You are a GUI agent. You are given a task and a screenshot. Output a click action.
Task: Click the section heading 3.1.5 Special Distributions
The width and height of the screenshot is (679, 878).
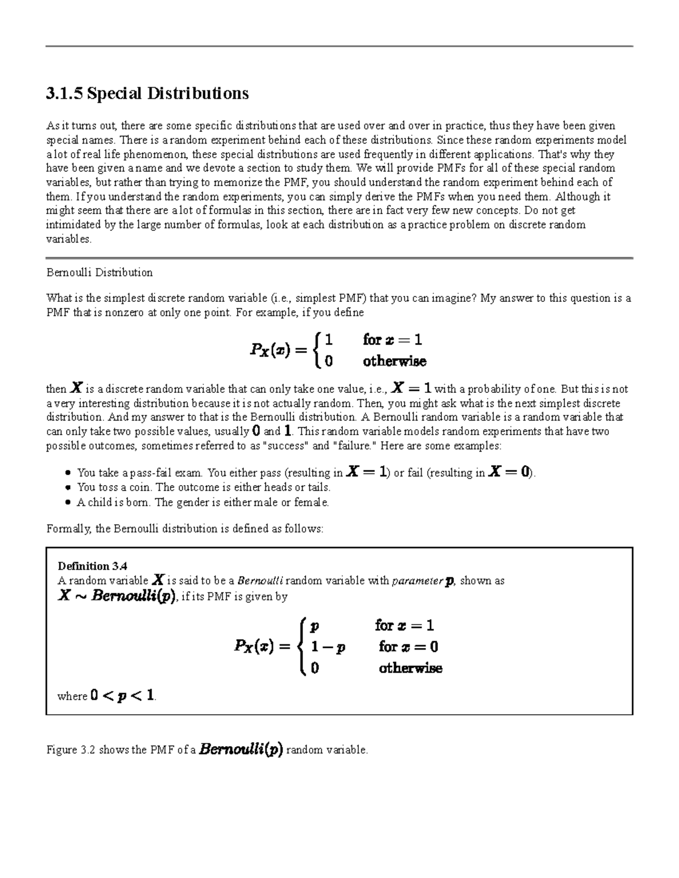coord(147,93)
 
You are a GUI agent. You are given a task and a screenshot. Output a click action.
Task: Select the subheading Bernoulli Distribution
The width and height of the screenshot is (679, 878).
coord(99,273)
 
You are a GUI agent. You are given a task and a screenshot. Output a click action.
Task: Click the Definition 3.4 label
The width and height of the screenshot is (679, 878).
coord(93,566)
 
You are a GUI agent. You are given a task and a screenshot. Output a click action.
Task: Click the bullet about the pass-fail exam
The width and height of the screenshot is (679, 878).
coord(306,473)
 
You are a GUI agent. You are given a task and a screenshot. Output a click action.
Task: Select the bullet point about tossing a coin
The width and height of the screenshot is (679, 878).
coord(204,487)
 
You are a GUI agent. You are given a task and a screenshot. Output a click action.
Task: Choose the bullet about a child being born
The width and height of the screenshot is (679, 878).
coord(203,502)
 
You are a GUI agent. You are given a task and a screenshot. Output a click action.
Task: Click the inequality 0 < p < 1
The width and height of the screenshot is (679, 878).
coord(122,696)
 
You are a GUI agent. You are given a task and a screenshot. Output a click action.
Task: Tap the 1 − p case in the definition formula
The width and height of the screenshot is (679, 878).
coord(328,647)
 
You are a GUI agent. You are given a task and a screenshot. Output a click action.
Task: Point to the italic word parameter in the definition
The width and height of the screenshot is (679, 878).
coord(418,581)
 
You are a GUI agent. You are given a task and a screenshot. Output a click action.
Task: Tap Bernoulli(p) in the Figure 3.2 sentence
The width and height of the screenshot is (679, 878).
coord(241,750)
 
